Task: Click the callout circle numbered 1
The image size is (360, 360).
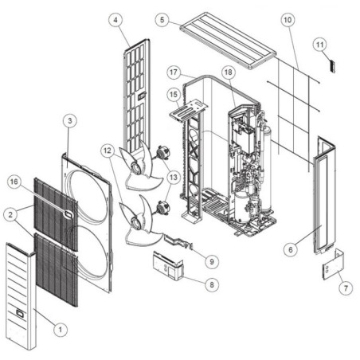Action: (x=61, y=330)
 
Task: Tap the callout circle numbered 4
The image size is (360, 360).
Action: (x=116, y=20)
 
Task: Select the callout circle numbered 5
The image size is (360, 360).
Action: (x=162, y=19)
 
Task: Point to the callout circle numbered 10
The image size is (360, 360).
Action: (x=288, y=20)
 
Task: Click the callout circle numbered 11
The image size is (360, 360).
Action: (x=319, y=45)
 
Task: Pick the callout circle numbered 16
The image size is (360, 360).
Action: (x=14, y=182)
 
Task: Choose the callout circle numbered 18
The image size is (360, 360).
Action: (x=229, y=72)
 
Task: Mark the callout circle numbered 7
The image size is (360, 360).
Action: (x=346, y=288)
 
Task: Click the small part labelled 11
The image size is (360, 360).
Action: (x=332, y=66)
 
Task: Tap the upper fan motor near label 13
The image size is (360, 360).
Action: (x=163, y=152)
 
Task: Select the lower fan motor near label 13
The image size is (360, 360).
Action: (x=162, y=207)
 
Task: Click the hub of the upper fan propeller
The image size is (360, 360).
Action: (x=136, y=168)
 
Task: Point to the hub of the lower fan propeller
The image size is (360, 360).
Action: (x=136, y=223)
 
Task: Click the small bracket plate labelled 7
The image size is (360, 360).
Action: (x=334, y=264)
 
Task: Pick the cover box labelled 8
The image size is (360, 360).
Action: (x=168, y=266)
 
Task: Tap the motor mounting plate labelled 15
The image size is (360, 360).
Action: (x=189, y=109)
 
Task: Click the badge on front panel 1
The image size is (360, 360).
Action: (x=20, y=313)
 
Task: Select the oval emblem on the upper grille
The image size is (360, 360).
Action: (x=68, y=214)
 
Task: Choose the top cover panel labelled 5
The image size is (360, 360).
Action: (x=228, y=41)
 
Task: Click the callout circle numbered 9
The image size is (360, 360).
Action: (x=212, y=261)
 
